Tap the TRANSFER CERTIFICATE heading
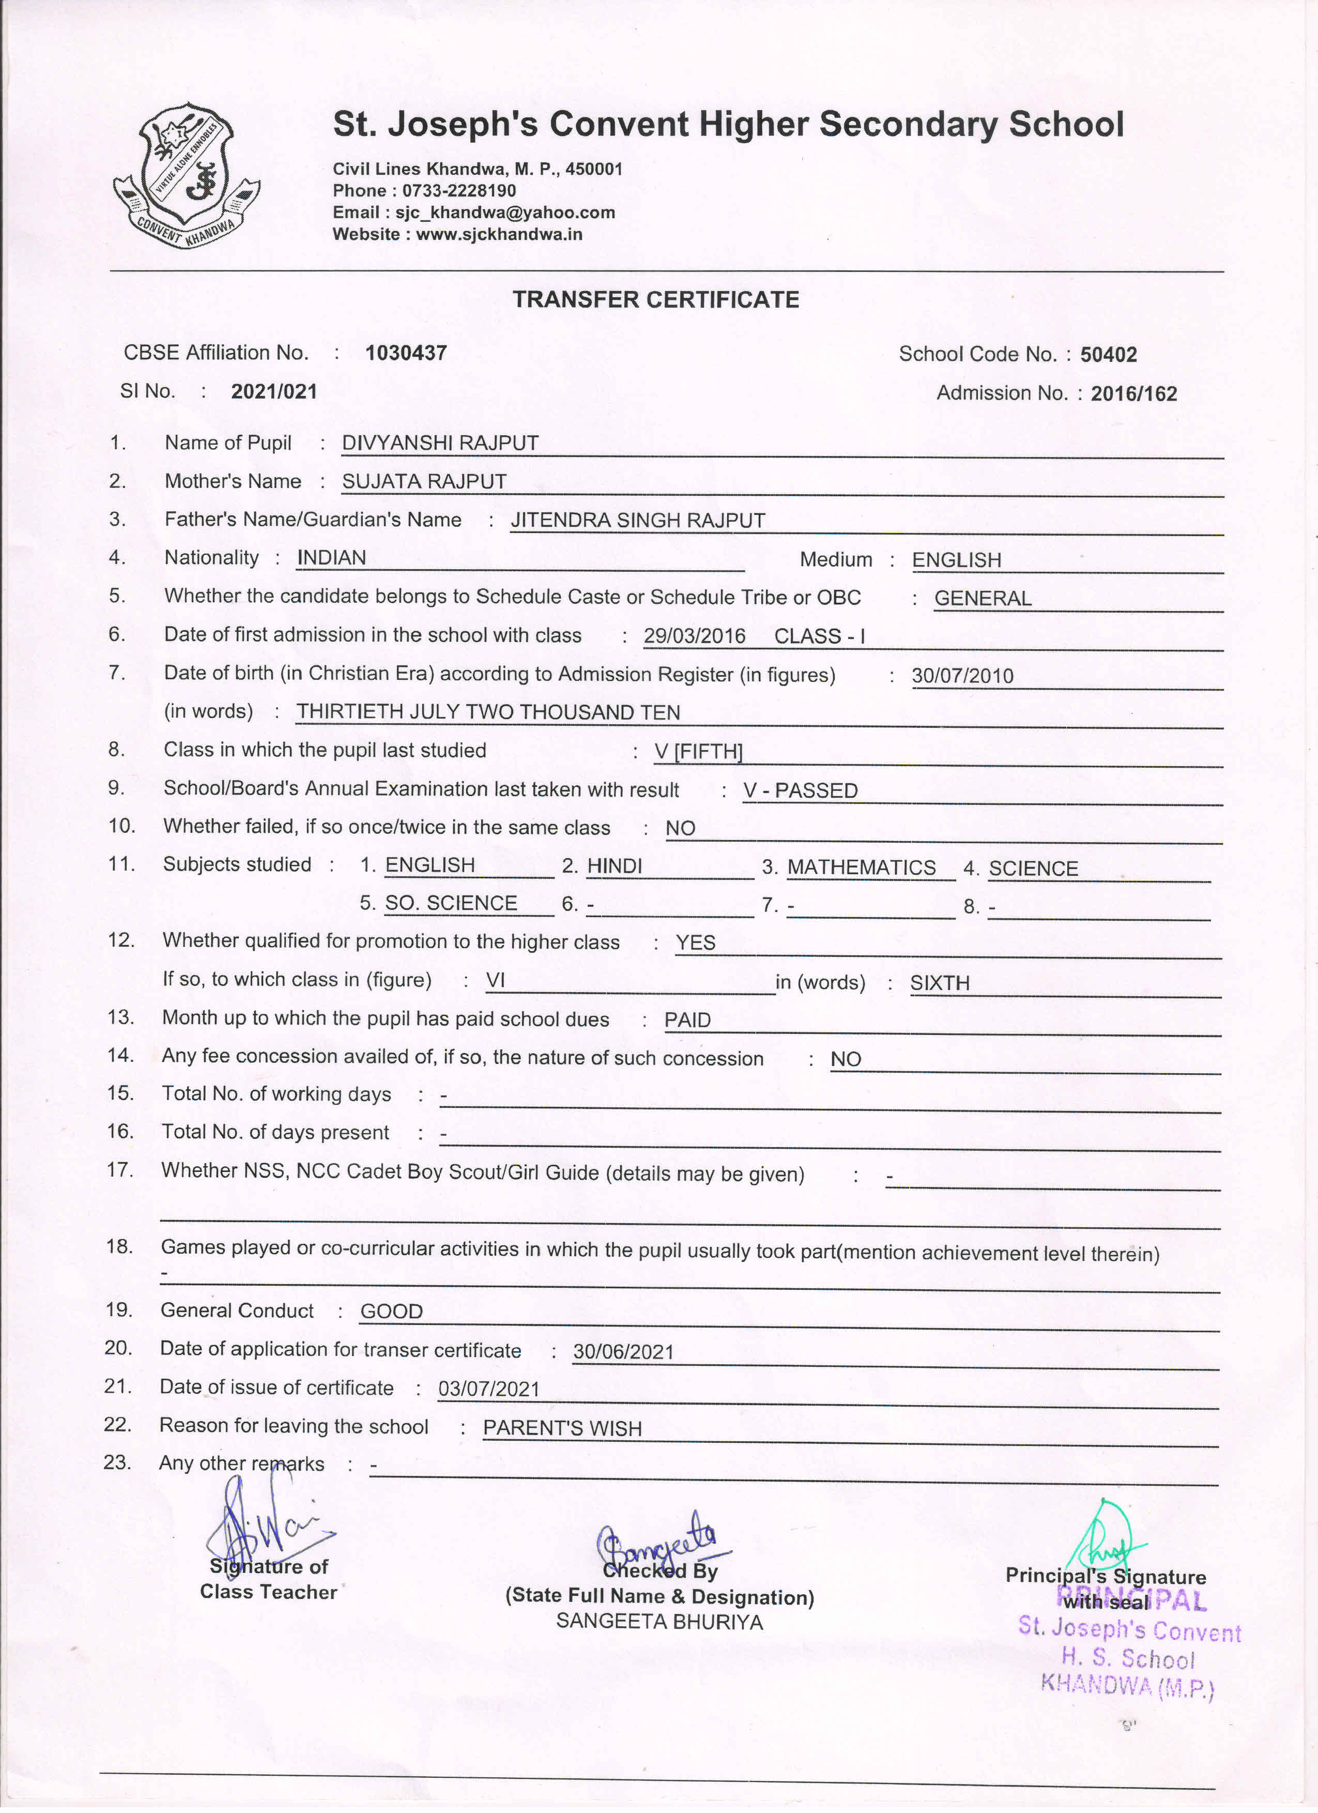coord(655,300)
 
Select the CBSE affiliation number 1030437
coord(406,353)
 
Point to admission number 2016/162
coord(1133,394)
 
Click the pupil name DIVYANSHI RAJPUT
coord(440,444)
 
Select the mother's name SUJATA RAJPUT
coord(424,482)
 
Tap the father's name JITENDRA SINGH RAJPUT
coord(638,521)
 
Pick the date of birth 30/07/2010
coord(962,676)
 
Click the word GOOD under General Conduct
coord(392,1312)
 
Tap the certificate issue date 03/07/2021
coord(489,1389)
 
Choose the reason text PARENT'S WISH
coord(563,1428)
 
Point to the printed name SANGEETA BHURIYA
coord(660,1622)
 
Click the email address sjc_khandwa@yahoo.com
coord(505,212)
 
